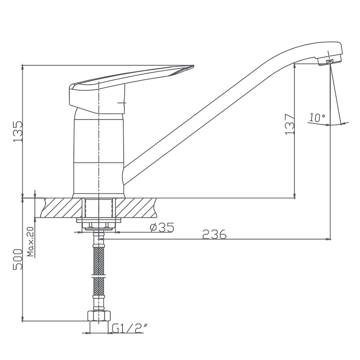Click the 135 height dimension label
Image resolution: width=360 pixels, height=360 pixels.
(x=18, y=131)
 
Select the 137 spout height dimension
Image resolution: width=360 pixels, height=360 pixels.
(x=290, y=124)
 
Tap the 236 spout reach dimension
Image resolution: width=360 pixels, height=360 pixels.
(x=214, y=234)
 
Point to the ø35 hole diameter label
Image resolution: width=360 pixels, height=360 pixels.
(x=162, y=227)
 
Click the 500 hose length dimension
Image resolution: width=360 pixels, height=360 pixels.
(x=18, y=259)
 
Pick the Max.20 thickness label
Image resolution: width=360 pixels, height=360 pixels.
(x=30, y=242)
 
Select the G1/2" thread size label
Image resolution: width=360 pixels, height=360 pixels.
(x=130, y=328)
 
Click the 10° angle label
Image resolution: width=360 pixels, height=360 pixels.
(x=317, y=117)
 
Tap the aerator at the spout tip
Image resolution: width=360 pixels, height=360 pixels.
(x=330, y=61)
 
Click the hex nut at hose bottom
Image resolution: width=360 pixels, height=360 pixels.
(x=99, y=316)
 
